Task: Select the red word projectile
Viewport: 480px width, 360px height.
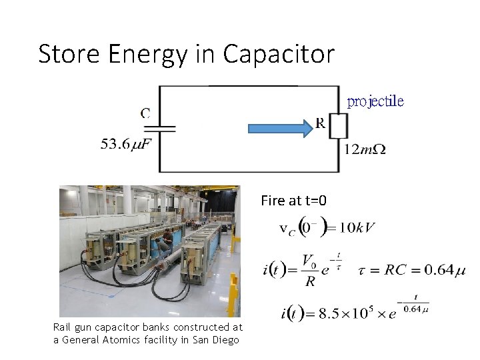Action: coord(376,102)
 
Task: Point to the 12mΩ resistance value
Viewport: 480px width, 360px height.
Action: coord(365,149)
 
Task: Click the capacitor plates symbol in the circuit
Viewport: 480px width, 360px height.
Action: coord(160,129)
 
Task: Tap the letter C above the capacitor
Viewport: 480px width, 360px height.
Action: coord(145,113)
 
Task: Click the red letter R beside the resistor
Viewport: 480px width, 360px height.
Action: coord(320,123)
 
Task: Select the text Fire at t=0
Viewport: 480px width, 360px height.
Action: coord(293,199)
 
